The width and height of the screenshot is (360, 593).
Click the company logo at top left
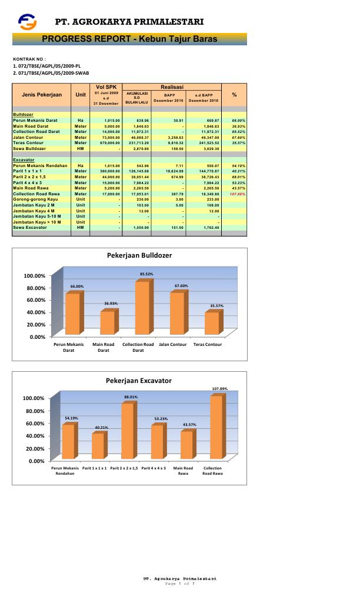pos(27,22)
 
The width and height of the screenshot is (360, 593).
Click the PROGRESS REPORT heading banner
pos(129,39)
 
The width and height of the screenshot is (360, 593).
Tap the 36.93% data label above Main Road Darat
pos(111,304)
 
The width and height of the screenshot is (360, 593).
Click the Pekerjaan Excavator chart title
pos(139,381)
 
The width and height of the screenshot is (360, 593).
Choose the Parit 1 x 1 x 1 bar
pos(98,446)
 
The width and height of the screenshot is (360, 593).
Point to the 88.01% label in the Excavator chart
pos(130,397)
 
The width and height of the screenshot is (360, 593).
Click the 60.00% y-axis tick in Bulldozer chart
pos(34,300)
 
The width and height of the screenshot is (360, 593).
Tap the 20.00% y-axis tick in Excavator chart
pos(34,448)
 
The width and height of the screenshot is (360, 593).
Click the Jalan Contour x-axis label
pos(174,344)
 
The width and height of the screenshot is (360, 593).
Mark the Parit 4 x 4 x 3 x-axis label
pos(154,468)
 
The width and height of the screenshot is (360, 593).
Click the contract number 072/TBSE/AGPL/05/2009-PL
pos(46,66)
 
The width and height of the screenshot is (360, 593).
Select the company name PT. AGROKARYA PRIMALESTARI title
pos(129,22)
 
